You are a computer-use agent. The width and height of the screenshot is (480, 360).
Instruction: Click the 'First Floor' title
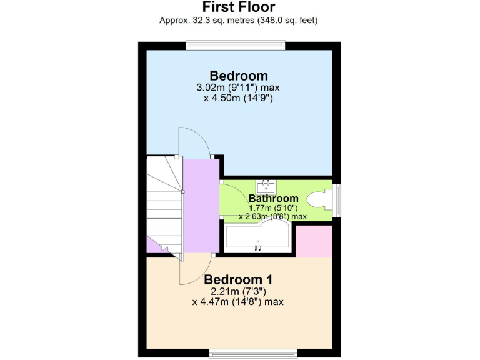(239, 7)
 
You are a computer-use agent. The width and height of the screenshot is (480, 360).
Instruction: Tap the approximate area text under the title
(239, 21)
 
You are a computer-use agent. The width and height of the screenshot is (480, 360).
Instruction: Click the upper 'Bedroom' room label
(239, 76)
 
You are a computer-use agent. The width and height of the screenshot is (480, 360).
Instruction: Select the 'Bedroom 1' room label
(238, 279)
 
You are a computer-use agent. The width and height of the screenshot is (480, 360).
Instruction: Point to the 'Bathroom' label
(274, 199)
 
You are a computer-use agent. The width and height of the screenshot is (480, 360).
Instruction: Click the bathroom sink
(266, 186)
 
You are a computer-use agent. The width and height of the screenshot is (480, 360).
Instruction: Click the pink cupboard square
(314, 241)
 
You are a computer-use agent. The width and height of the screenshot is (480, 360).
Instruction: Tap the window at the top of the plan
(236, 45)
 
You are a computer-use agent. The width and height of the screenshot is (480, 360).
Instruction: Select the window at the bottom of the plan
(253, 355)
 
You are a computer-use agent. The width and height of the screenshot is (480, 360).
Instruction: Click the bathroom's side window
(338, 199)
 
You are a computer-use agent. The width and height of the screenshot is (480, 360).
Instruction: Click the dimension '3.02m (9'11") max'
(239, 88)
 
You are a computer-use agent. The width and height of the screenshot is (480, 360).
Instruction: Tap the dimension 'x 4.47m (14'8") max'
(238, 302)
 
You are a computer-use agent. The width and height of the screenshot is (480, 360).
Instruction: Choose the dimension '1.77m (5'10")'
(274, 208)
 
